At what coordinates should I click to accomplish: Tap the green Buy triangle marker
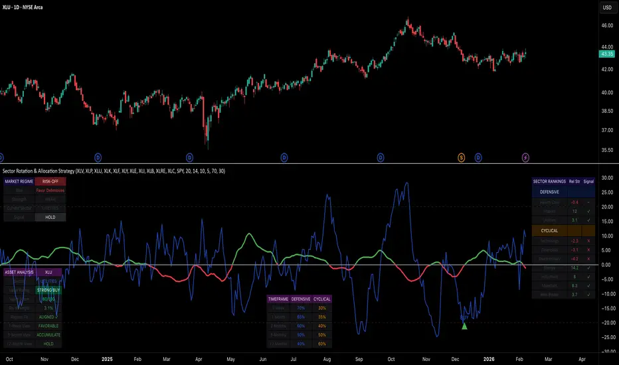[x=464, y=325]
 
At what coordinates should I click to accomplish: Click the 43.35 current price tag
[x=605, y=53]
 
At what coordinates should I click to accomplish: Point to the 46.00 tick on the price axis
[x=605, y=25]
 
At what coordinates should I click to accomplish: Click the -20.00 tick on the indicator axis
[x=605, y=323]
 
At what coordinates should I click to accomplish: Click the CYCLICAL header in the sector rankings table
[x=549, y=230]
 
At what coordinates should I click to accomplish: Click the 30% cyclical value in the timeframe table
[x=323, y=308]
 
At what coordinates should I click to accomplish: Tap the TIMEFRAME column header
[x=278, y=299]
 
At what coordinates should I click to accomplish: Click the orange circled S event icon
[x=461, y=157]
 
